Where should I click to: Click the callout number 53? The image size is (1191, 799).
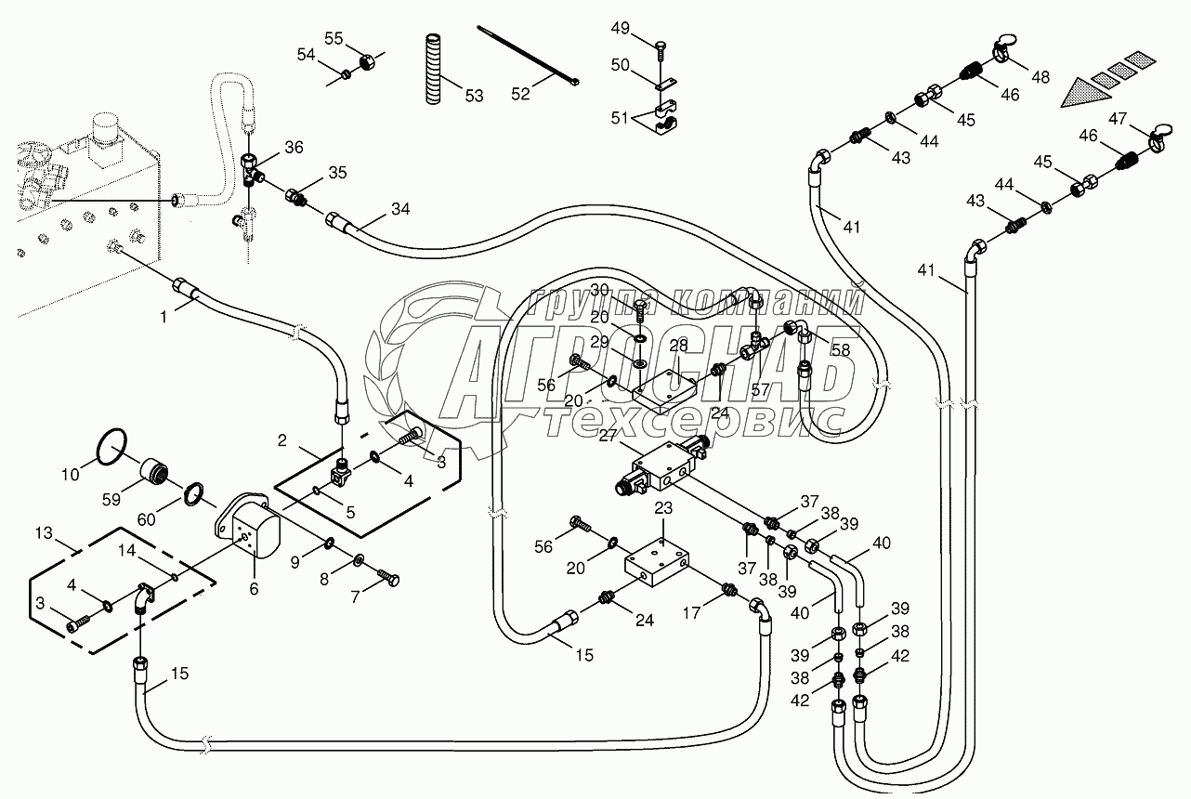[474, 96]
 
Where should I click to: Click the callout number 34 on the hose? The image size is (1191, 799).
[399, 209]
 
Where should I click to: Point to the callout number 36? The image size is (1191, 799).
[294, 147]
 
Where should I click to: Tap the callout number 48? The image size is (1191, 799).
[1040, 78]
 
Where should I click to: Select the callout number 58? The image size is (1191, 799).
[841, 349]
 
